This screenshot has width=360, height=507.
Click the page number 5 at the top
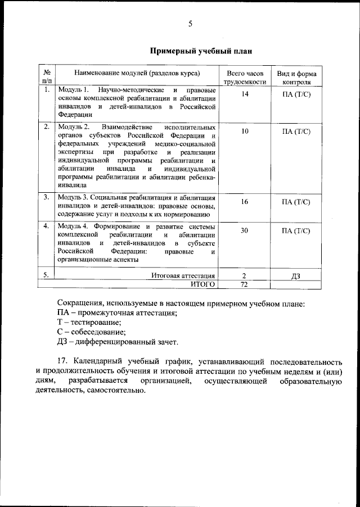(190, 24)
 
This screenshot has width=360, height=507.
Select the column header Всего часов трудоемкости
(244, 78)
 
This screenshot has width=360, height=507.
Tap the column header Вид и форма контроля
(296, 78)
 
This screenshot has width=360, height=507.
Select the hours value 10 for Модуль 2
(244, 131)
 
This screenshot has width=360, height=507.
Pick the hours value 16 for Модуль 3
(244, 201)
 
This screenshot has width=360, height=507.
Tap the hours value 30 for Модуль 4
(244, 230)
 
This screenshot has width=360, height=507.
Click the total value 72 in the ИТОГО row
(244, 284)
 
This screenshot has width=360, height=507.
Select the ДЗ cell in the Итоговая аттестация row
(296, 275)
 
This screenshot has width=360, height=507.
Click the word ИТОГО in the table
(202, 284)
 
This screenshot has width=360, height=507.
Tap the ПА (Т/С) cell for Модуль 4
(296, 230)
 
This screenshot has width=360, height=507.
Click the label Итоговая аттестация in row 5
(183, 275)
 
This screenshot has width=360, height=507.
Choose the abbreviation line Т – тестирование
(89, 322)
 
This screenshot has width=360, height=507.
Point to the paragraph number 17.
(62, 361)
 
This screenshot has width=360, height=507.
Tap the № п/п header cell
(47, 78)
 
